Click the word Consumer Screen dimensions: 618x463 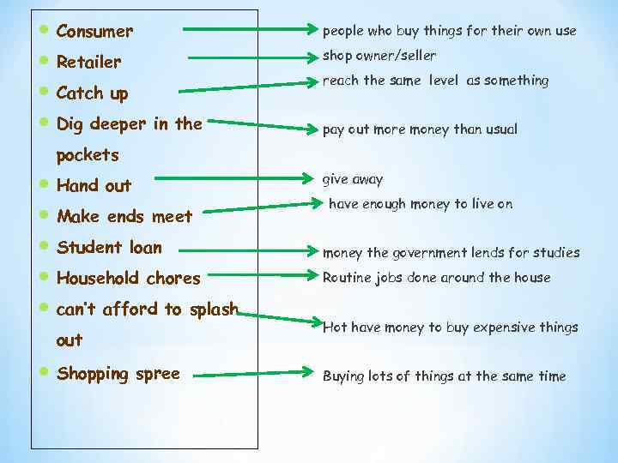[94, 32]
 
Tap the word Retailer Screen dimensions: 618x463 [88, 62]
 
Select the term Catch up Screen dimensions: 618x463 [91, 93]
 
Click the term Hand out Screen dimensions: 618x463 [94, 185]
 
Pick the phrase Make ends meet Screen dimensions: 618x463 [124, 216]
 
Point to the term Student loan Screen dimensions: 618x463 [109, 247]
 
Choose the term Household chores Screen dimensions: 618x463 [128, 278]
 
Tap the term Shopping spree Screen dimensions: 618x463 [118, 373]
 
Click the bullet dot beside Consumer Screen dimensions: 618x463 [44, 30]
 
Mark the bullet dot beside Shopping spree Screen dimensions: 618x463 [44, 372]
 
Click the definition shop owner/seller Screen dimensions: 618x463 [379, 55]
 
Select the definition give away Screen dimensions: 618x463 [352, 179]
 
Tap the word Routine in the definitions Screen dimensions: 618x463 [347, 277]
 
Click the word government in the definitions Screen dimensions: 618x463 [425, 252]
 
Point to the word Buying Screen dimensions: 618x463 [343, 376]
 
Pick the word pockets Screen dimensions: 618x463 [87, 155]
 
